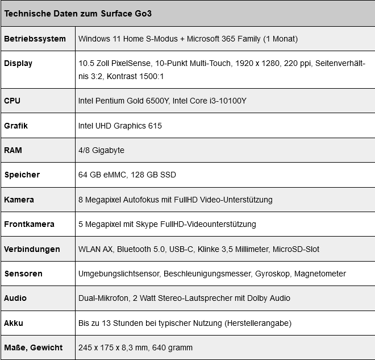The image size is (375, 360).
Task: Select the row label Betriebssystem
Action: click(x=33, y=39)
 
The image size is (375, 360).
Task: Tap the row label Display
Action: click(x=18, y=63)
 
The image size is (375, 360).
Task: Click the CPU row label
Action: click(x=12, y=101)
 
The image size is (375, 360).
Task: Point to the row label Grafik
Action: click(x=16, y=126)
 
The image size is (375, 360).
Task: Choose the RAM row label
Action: click(x=13, y=150)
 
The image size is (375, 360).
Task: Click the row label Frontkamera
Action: click(x=29, y=224)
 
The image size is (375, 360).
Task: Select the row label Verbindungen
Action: click(x=32, y=249)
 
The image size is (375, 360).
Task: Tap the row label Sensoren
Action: click(x=23, y=274)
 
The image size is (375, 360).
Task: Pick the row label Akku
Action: click(x=14, y=323)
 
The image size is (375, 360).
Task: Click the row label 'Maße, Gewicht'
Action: click(x=33, y=347)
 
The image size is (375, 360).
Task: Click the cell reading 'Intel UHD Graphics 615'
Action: click(x=120, y=126)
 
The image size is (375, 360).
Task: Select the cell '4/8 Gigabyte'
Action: click(x=101, y=150)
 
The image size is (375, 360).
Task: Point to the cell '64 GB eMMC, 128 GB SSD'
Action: click(x=127, y=175)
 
